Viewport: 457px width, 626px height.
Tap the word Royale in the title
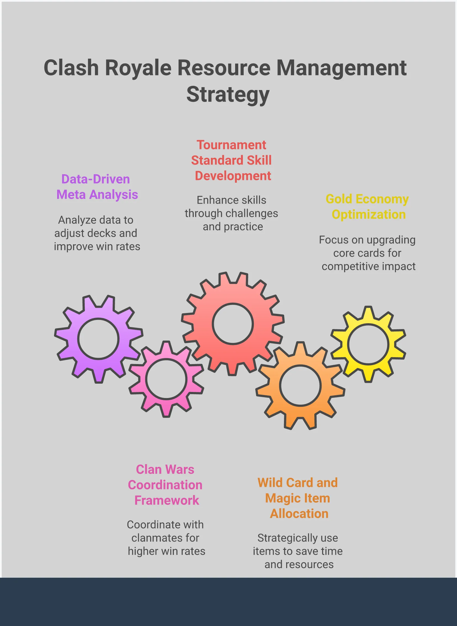[138, 68]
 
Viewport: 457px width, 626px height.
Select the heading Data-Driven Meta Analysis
[97, 187]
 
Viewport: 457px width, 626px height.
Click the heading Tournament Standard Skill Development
[232, 160]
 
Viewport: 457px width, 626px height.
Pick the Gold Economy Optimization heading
[367, 207]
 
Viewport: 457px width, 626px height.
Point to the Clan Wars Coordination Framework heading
[165, 485]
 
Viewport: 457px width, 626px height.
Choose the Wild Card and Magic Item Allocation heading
[298, 498]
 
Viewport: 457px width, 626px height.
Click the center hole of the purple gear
[98, 339]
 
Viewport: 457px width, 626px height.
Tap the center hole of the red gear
[233, 324]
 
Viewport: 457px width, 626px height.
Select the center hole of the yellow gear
[368, 344]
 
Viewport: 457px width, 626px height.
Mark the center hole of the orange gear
[300, 386]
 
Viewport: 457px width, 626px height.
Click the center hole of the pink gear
[166, 379]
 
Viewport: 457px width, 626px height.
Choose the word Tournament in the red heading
[231, 145]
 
